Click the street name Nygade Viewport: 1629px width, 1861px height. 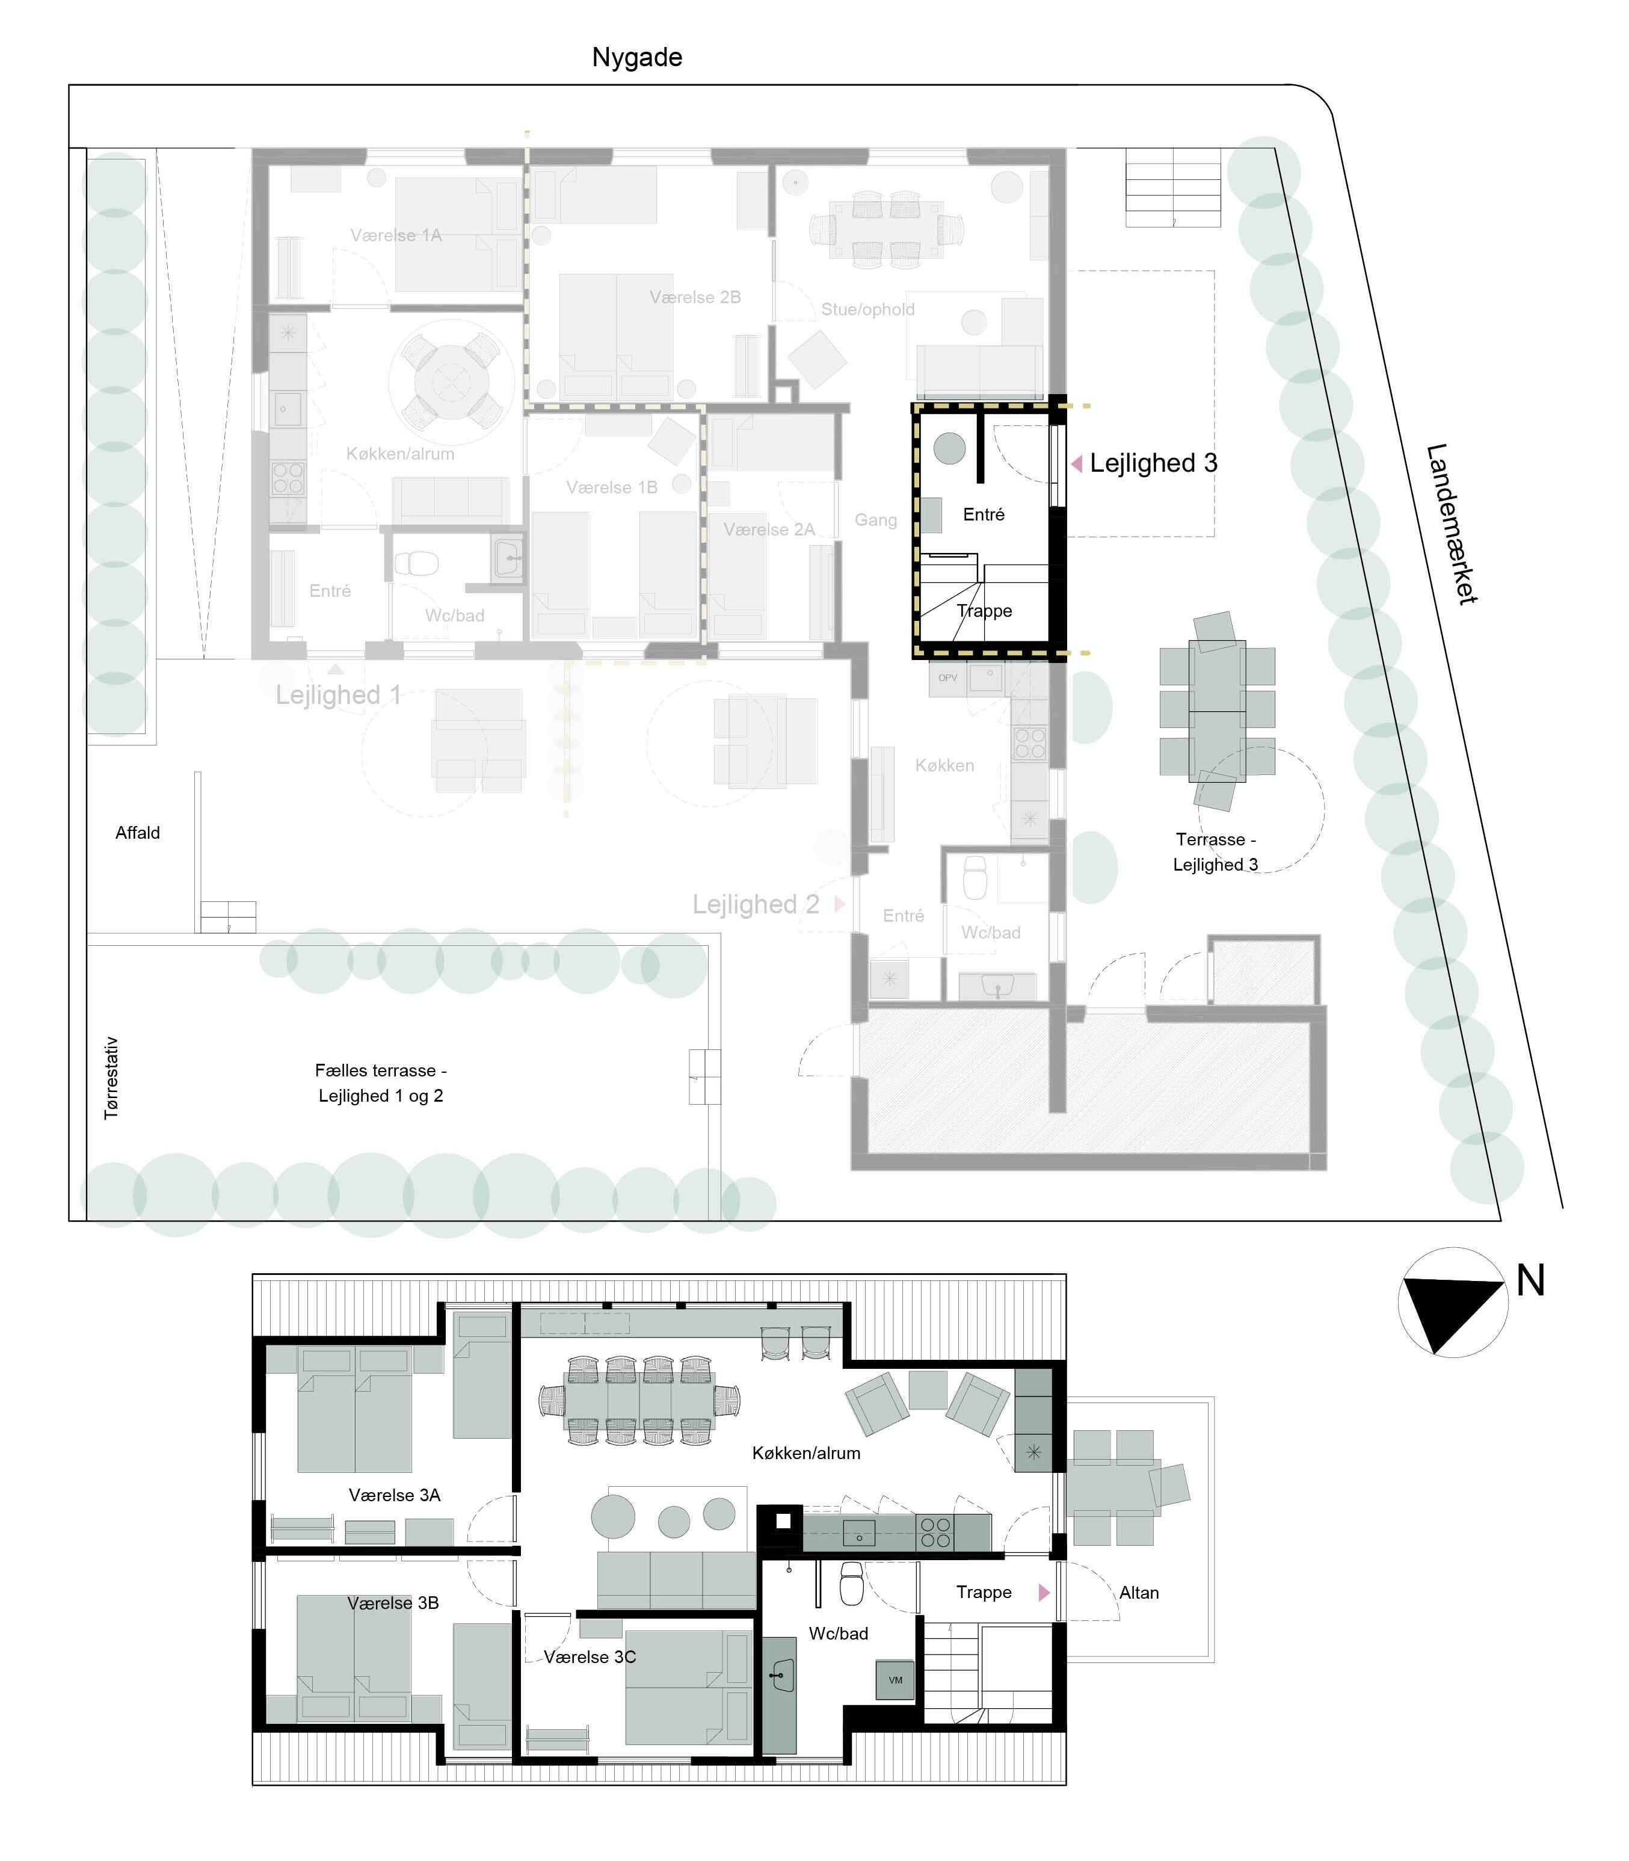636,57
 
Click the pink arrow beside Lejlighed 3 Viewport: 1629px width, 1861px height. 1076,464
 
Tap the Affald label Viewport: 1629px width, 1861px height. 137,833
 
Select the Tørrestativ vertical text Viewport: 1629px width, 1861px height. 111,1078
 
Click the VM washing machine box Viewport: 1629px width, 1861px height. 895,1680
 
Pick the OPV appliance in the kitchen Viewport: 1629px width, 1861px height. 947,678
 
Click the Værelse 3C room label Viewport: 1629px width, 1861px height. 590,1656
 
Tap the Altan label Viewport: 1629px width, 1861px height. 1139,1592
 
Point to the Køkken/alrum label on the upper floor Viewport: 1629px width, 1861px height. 805,1453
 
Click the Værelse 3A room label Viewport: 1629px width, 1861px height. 395,1495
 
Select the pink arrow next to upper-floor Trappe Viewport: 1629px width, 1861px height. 1044,1592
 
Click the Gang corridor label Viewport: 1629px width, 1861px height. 875,520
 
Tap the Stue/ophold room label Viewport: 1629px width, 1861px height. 868,309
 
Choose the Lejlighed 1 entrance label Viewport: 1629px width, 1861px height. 338,696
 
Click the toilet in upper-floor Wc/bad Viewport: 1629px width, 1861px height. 851,1585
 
